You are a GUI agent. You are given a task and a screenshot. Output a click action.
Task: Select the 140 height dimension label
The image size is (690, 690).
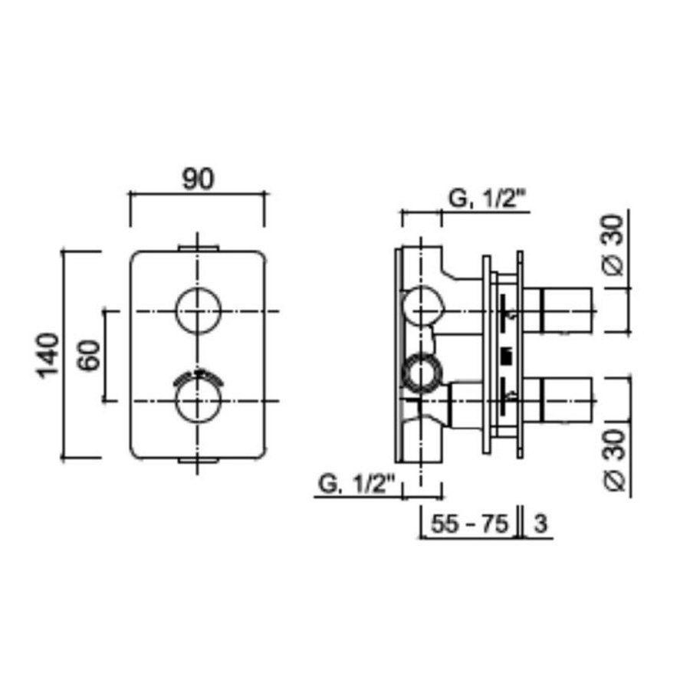pyautogui.click(x=48, y=355)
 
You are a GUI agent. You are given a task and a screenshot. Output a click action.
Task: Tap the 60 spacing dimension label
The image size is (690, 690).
pyautogui.click(x=90, y=355)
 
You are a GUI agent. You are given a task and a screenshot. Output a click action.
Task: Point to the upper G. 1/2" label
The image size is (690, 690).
pyautogui.click(x=486, y=199)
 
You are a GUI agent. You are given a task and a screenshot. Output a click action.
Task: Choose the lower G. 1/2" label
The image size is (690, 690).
pyautogui.click(x=356, y=484)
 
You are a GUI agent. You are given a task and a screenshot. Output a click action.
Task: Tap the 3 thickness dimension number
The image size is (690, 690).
pyautogui.click(x=539, y=524)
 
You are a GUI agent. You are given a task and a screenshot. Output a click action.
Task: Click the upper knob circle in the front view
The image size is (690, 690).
pyautogui.click(x=199, y=311)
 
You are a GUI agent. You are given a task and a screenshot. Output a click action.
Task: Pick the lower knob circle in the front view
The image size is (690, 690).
pyautogui.click(x=199, y=401)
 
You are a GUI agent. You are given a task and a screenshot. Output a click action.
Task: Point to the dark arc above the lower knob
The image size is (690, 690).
pyautogui.click(x=199, y=376)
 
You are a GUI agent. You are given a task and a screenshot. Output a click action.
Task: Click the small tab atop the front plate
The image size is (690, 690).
pyautogui.click(x=199, y=247)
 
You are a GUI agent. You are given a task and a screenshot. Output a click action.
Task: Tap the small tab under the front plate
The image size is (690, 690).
pyautogui.click(x=199, y=460)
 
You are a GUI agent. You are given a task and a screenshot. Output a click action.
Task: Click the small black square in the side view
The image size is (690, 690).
pyautogui.click(x=505, y=355)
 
